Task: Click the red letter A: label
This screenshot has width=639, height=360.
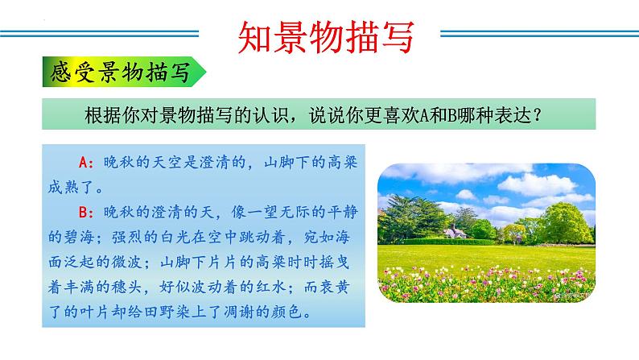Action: (88, 163)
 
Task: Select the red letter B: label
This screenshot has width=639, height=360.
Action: (88, 212)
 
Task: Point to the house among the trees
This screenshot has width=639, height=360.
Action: (456, 233)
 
